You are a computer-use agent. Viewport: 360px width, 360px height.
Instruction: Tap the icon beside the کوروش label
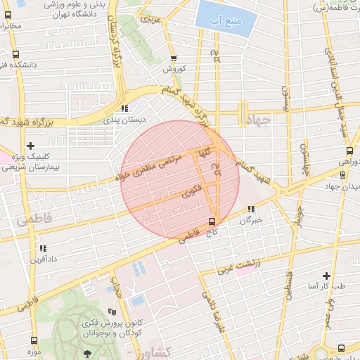point(174,59)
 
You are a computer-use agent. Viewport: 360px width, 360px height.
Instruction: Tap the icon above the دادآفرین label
point(43,248)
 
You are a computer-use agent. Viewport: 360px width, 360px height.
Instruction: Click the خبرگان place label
point(251,219)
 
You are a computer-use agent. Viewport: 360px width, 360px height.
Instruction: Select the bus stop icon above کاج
point(212,221)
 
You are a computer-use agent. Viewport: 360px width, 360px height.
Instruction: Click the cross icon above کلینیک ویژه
point(30,146)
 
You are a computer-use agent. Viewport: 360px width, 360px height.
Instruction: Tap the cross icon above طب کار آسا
point(326,276)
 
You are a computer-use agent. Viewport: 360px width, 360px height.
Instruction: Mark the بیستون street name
point(285,101)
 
